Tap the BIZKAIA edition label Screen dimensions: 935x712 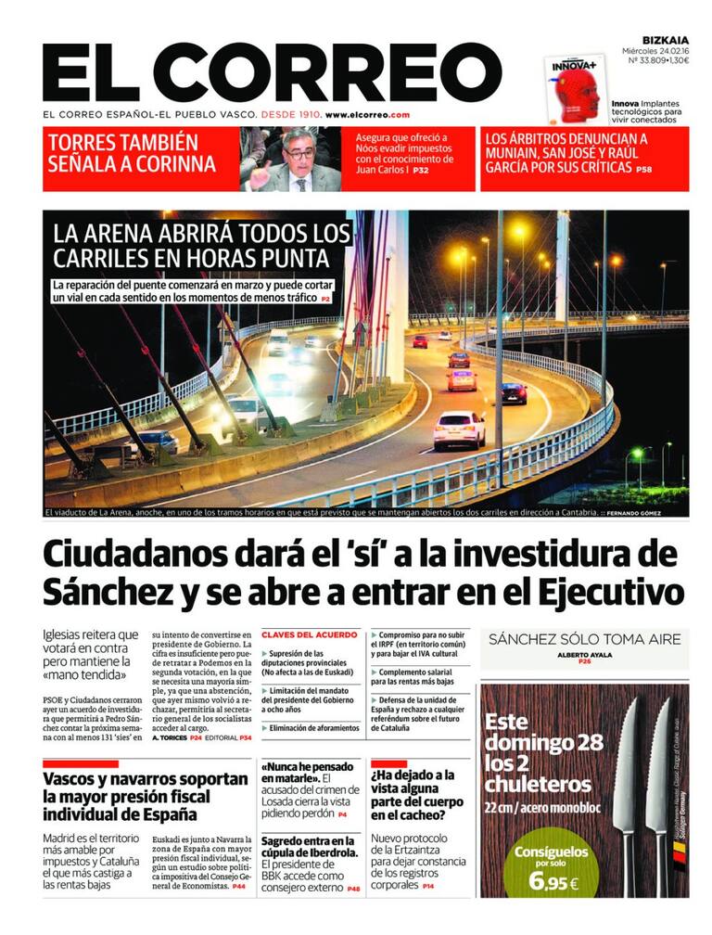(666, 40)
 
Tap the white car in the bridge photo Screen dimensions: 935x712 (459, 429)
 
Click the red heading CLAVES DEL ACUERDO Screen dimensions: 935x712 (309, 635)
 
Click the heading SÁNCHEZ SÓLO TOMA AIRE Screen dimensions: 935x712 (584, 639)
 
